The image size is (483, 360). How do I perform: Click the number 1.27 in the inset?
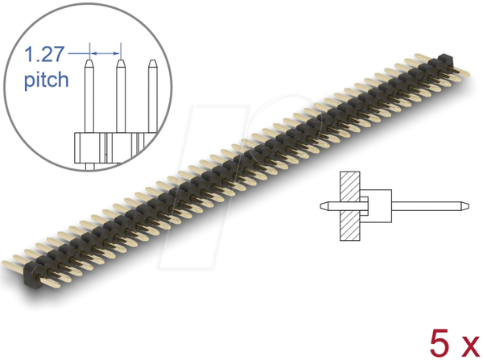pos(44,54)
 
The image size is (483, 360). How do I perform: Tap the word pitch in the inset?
pos(46,81)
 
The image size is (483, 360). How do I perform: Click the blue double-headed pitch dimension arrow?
pos(105,54)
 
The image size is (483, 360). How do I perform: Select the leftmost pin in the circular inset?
pos(89,96)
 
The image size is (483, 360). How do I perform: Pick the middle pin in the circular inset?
pos(121,96)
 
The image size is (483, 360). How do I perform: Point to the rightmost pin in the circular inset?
pos(153,96)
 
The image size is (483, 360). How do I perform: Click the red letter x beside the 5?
pos(470,347)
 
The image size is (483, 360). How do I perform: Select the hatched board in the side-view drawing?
pos(349,206)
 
